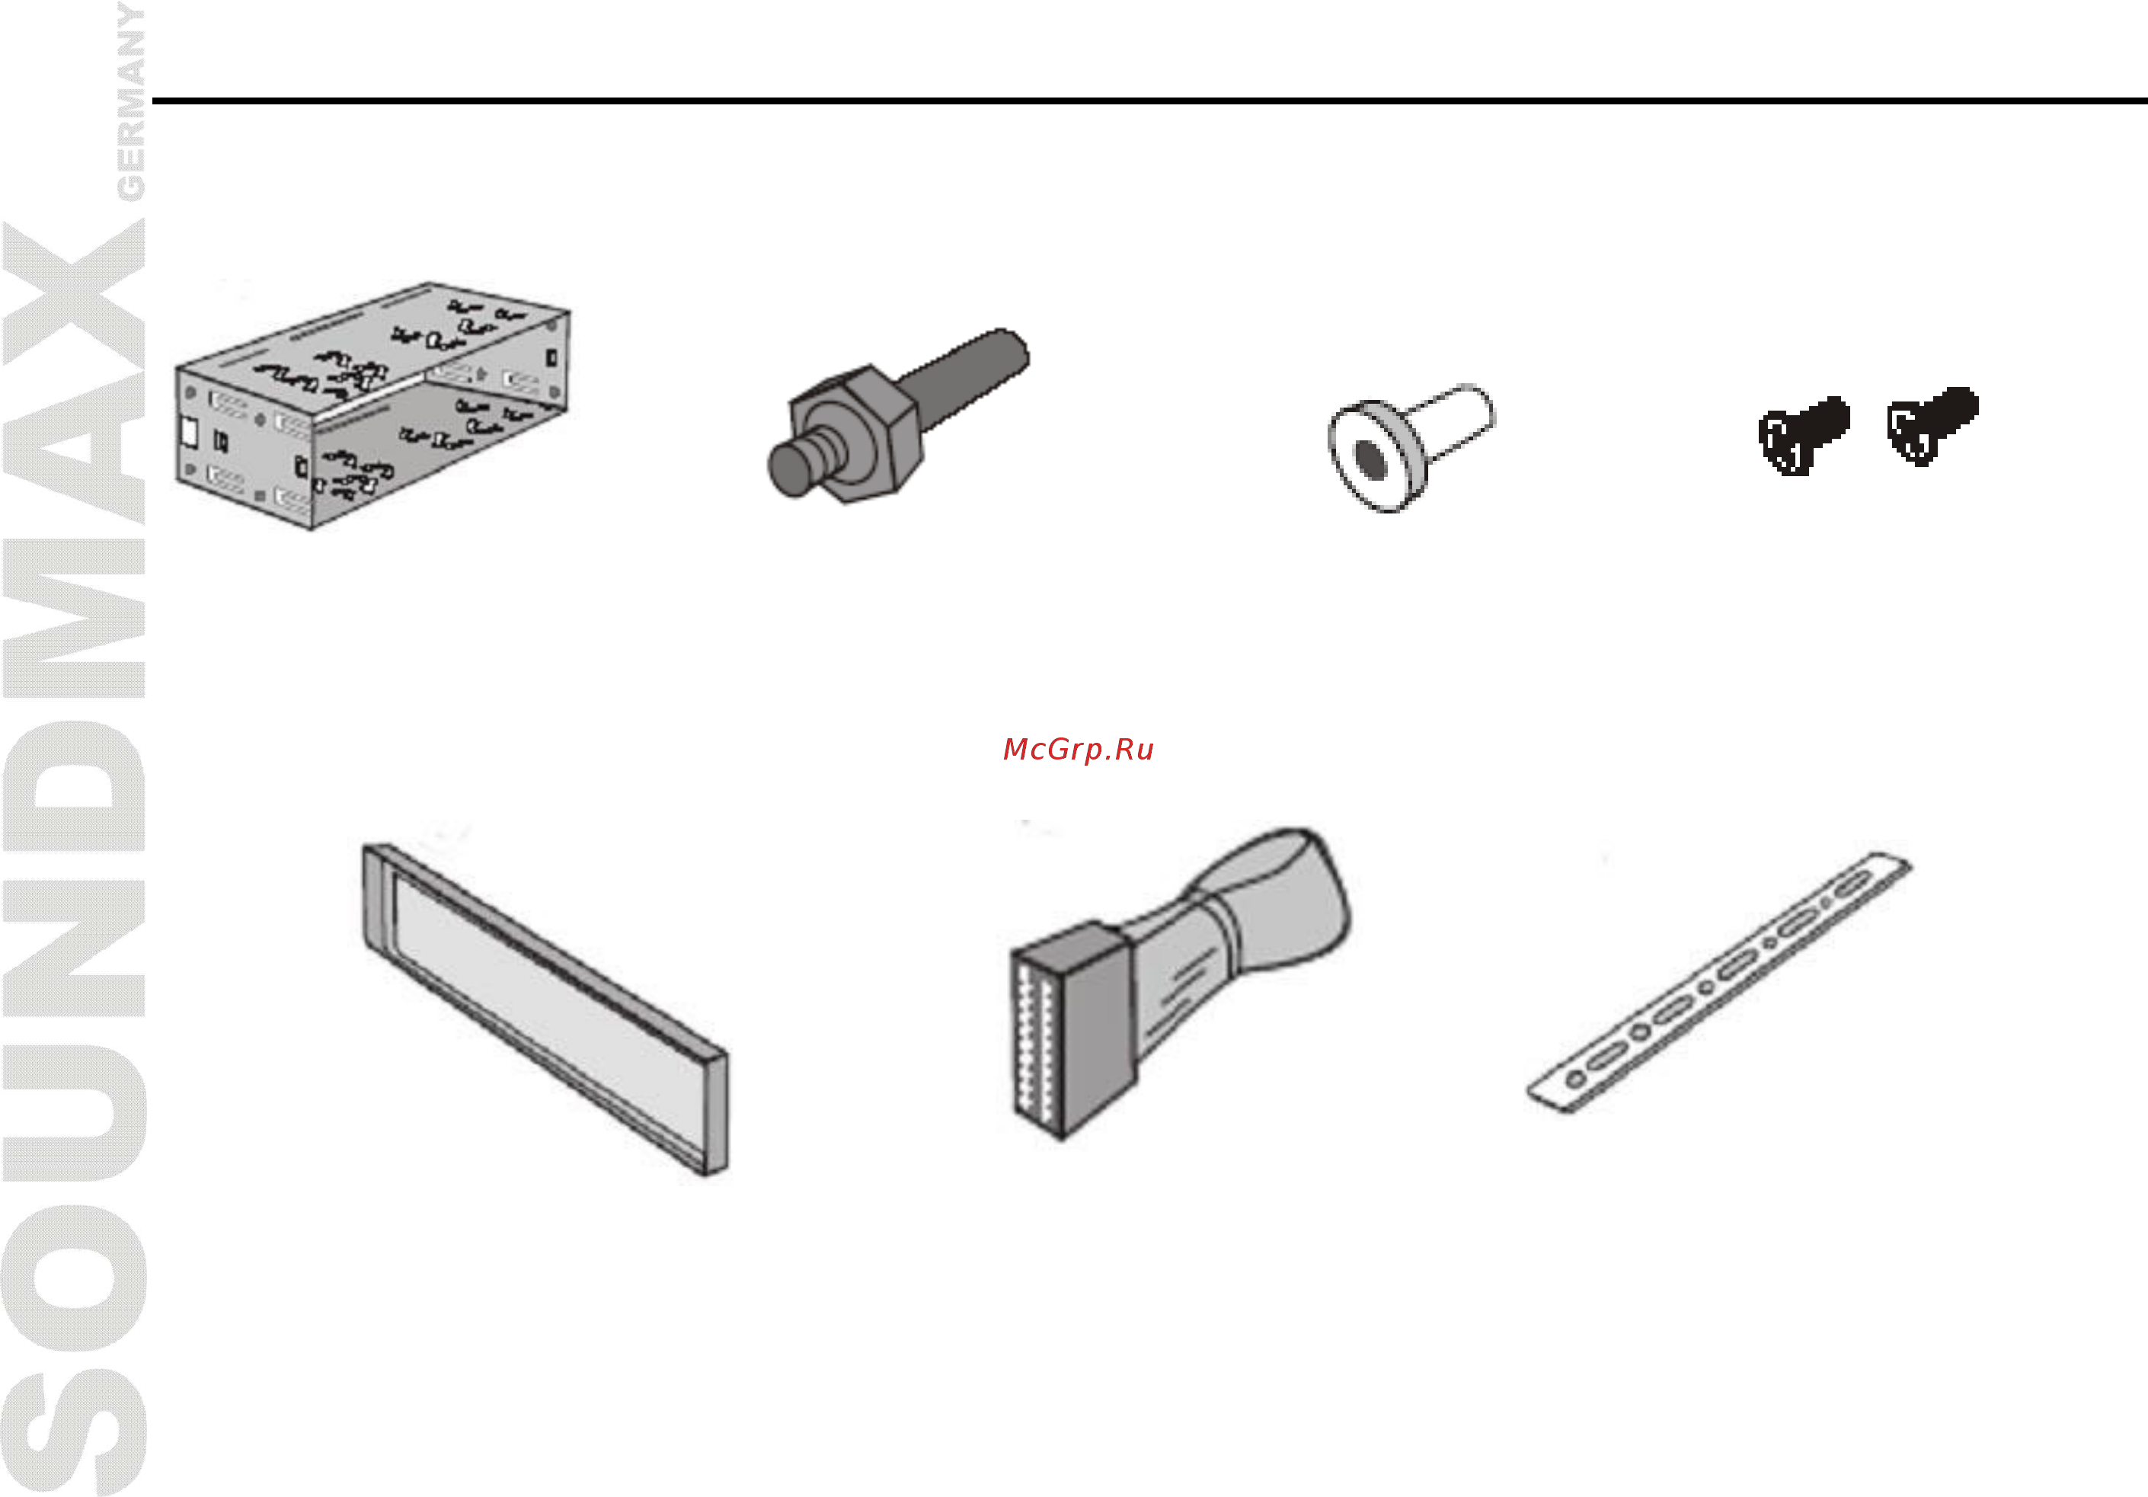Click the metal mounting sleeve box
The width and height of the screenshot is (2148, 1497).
(x=372, y=406)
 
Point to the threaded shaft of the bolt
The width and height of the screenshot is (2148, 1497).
(x=964, y=379)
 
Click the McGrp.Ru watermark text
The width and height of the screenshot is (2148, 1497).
(x=1078, y=750)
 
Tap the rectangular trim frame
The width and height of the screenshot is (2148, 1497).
(x=545, y=1009)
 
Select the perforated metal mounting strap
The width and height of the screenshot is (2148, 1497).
(x=1718, y=983)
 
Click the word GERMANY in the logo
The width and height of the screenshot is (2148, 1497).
(x=130, y=101)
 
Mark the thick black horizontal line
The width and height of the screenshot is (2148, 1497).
(x=1149, y=100)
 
